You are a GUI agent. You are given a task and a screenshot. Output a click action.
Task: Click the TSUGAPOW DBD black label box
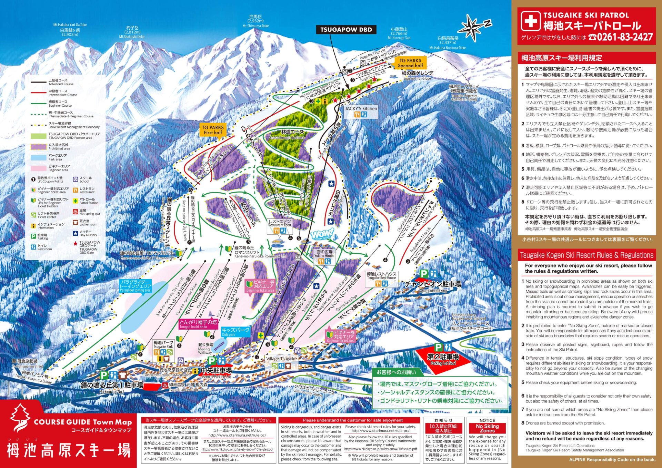point(346,30)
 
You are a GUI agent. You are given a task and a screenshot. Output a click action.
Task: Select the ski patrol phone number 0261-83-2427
point(624,37)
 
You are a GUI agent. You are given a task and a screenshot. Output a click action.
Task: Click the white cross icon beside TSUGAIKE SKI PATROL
point(530,21)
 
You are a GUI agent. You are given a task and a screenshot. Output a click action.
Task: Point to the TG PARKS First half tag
point(213,130)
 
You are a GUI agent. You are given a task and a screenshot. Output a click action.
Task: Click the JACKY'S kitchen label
point(361,108)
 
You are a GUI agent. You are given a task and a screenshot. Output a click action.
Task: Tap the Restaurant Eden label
point(280,223)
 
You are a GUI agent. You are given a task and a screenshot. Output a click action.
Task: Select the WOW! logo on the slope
point(322,234)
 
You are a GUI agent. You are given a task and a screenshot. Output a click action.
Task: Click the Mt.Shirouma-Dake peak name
point(255,26)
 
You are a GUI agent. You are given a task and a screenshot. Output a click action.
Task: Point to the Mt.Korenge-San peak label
point(399,38)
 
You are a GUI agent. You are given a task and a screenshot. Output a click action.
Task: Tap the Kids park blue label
point(235,331)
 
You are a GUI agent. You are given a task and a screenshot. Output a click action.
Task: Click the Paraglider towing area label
point(136,286)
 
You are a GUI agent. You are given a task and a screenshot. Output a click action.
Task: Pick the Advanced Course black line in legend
point(38,82)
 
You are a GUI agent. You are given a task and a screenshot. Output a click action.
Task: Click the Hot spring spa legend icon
point(75,211)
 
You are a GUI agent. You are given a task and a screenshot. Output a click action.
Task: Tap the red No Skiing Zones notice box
point(487,428)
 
